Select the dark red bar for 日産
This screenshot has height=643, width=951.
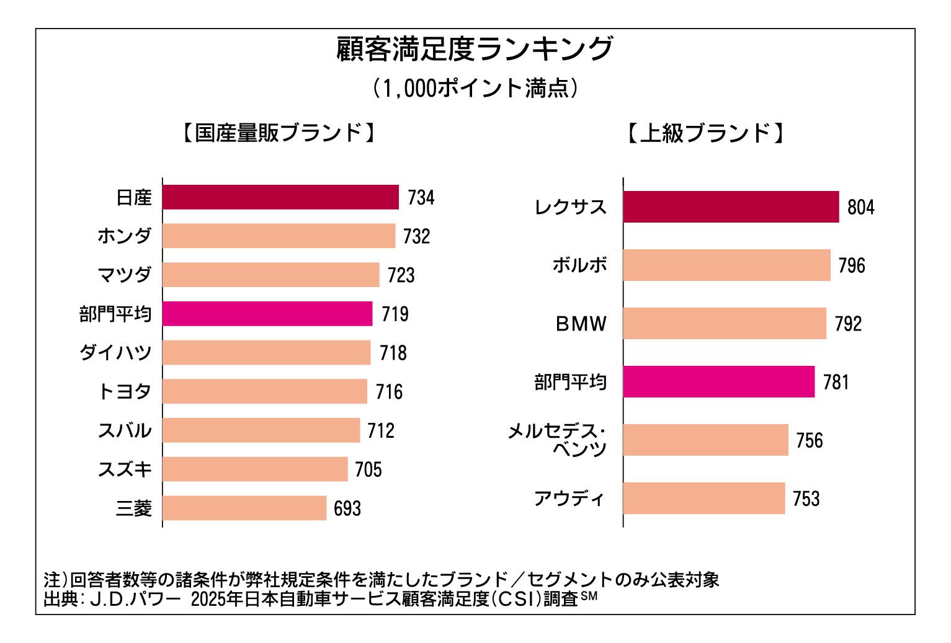pos(280,197)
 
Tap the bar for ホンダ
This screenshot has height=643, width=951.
pos(279,236)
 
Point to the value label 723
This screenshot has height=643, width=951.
pos(401,275)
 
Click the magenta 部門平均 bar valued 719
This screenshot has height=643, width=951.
pos(267,314)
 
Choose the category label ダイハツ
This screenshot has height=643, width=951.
pos(115,353)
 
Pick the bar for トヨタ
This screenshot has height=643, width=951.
pos(265,392)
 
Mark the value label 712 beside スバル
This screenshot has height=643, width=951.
pos(380,431)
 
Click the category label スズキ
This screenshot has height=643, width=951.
pos(125,469)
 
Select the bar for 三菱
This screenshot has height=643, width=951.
pos(244,508)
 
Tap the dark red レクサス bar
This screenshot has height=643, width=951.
pos(731,207)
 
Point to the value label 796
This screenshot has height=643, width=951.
pos(851,265)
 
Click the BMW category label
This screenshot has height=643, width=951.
pos(581,324)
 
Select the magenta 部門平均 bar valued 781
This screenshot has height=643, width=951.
pos(718,382)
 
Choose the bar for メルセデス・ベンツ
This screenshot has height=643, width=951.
pos(705,440)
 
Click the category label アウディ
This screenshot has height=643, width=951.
pos(569,499)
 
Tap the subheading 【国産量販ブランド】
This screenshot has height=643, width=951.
pos(279,133)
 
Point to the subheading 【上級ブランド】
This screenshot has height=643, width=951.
pos(705,133)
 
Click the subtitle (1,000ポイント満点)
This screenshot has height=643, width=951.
pos(475,88)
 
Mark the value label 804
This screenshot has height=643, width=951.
pos(860,207)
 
